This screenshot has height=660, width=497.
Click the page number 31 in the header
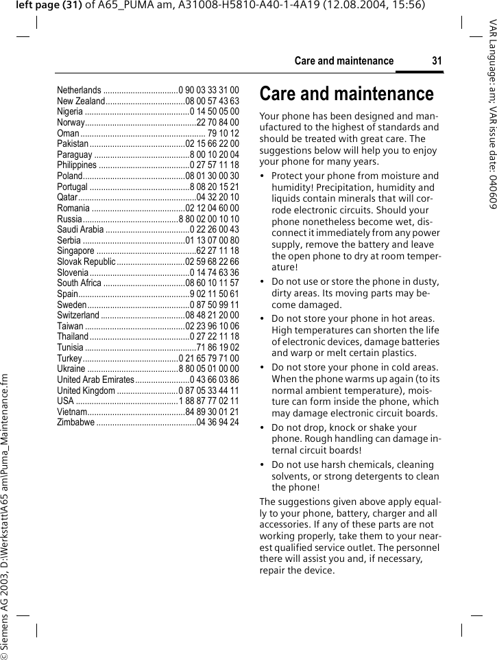click(437, 61)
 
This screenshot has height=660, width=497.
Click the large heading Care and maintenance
click(346, 93)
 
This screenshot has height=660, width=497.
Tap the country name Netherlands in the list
click(79, 90)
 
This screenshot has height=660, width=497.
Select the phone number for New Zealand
click(213, 101)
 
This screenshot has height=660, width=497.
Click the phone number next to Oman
click(223, 133)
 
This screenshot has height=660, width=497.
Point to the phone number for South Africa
click(213, 283)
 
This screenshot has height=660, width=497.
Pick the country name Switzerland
click(78, 315)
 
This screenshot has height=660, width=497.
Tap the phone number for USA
click(209, 401)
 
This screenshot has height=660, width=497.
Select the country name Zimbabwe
click(76, 422)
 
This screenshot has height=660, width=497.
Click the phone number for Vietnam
click(213, 412)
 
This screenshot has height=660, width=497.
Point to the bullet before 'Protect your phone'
click(263, 176)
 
